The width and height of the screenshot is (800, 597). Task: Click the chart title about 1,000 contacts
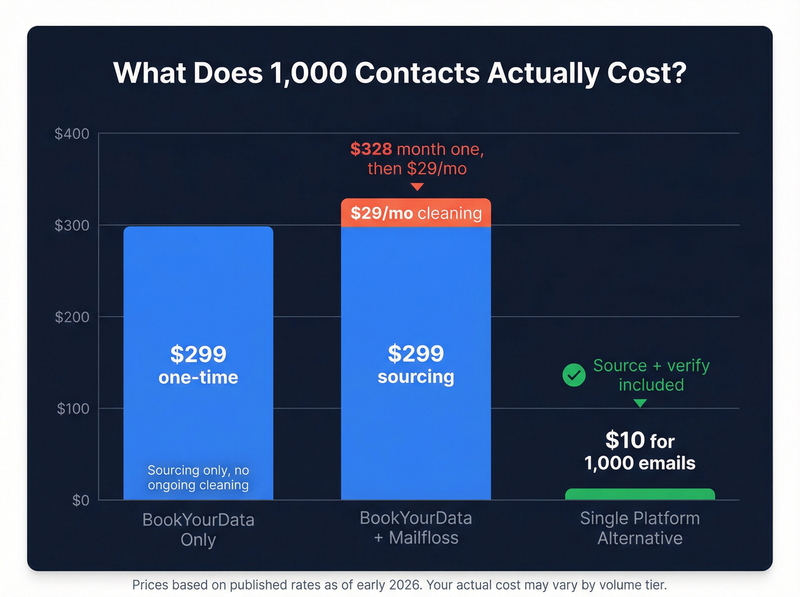(399, 73)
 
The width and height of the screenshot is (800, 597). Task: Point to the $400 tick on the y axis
(72, 134)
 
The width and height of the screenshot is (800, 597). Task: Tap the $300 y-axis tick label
(72, 225)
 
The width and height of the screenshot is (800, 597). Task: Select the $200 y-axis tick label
(72, 317)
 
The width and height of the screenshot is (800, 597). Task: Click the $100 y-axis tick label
(73, 408)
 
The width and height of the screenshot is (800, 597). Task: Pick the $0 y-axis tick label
(81, 500)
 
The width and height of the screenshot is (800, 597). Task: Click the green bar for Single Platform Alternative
(640, 495)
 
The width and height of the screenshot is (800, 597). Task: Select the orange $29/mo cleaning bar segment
(416, 213)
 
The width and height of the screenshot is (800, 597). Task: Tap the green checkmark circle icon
(574, 375)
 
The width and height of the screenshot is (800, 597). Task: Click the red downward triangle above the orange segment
(417, 187)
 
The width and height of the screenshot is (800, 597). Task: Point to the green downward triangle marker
(640, 403)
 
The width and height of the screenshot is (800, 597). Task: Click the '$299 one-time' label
(198, 365)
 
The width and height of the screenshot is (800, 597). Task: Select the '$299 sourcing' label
(416, 364)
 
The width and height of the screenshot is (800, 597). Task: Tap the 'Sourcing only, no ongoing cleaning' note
(198, 478)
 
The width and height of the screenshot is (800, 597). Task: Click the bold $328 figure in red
(371, 149)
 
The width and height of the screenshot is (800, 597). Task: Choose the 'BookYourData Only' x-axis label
(198, 530)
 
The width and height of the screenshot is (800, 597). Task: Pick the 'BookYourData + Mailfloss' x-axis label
(416, 528)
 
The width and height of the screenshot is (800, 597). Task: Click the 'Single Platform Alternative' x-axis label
(640, 528)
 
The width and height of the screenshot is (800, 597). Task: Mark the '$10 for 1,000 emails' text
(640, 451)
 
